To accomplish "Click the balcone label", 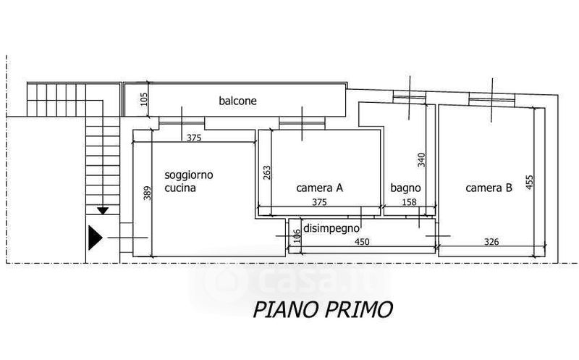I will (x=238, y=101).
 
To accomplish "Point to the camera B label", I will (x=489, y=188).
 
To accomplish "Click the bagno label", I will (x=405, y=188).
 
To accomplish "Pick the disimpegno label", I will (x=332, y=227).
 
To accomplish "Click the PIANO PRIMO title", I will (x=323, y=309).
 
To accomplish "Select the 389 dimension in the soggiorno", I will (x=148, y=194).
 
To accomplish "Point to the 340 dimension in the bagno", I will (x=421, y=159).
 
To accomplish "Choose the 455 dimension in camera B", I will (x=529, y=181).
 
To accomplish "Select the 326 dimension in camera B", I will (x=492, y=242).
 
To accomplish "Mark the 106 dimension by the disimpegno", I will (x=297, y=236).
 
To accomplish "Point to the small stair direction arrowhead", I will (x=103, y=211).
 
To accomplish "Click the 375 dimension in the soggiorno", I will (x=194, y=138).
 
